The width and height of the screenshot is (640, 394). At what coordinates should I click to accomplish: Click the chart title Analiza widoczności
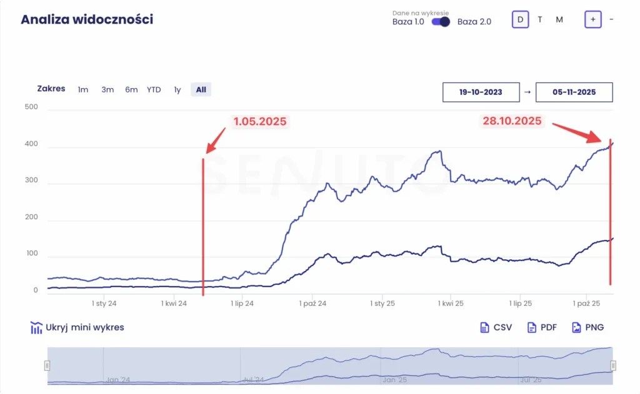tap(87, 19)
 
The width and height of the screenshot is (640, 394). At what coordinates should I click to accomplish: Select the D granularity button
tap(519, 19)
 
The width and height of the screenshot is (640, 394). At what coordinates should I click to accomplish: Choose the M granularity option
tap(559, 19)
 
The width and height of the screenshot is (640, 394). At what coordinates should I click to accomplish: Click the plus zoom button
tap(592, 19)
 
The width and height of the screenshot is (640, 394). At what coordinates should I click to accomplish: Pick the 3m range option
tap(107, 90)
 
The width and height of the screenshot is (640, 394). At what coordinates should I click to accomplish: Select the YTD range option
tap(154, 90)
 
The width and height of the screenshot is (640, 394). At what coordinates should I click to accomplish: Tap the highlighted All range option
tap(201, 90)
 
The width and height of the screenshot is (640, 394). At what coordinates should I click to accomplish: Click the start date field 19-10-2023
tap(481, 92)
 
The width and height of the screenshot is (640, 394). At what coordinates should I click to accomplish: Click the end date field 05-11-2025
tap(574, 92)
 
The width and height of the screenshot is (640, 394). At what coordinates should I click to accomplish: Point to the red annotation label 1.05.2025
tap(260, 122)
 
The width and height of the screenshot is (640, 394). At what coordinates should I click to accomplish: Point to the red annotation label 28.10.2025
tap(512, 121)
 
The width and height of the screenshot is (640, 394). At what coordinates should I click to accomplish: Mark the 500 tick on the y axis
tap(31, 107)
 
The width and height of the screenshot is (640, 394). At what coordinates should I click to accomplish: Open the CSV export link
tap(496, 327)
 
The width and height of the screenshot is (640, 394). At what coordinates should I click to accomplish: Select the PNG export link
tap(587, 327)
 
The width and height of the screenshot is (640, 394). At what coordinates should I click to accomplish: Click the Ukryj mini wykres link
tap(77, 328)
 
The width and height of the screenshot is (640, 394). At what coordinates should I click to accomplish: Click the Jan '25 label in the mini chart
tap(394, 379)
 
